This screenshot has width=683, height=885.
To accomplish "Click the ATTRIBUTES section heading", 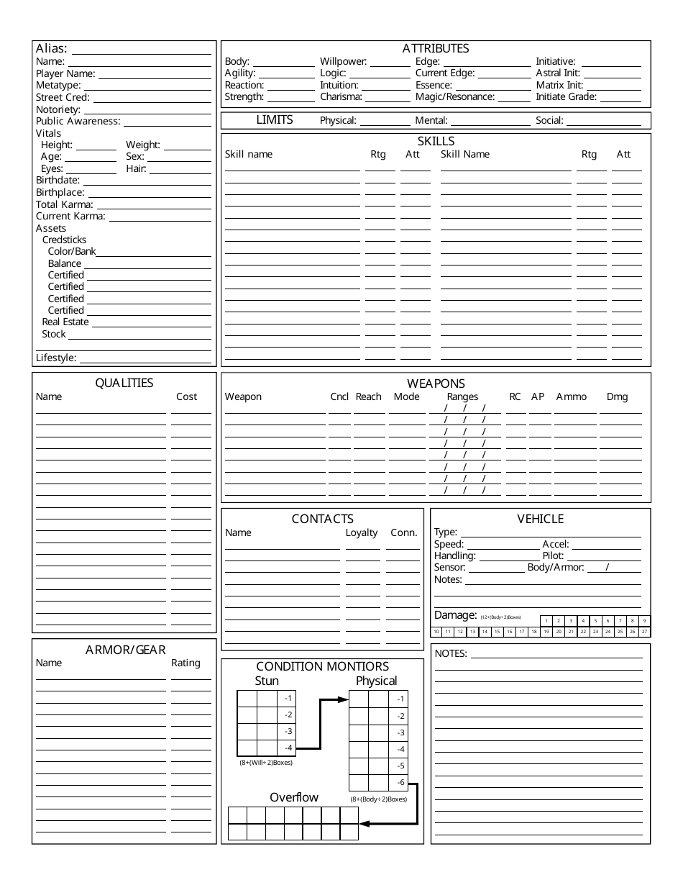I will (x=436, y=48).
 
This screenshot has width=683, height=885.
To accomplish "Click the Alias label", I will (x=51, y=48).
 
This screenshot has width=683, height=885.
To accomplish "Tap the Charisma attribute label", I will (x=341, y=96).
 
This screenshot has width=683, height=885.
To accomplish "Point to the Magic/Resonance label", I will (x=455, y=96).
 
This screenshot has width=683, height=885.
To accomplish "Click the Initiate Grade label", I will (x=566, y=96).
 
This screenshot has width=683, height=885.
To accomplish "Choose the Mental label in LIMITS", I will (x=431, y=121).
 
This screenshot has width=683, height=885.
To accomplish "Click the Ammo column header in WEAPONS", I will (x=571, y=396).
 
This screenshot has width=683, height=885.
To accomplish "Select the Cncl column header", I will (x=339, y=396).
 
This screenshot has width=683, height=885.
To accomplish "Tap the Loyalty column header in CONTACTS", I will (x=362, y=532).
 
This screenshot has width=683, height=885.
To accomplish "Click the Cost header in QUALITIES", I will (x=186, y=396).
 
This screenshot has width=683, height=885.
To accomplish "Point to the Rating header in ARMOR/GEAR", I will (x=185, y=663).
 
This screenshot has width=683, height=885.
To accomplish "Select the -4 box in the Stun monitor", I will (x=287, y=748).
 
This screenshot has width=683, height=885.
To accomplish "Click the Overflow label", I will (x=294, y=797).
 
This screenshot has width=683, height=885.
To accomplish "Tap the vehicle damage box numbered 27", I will (x=644, y=632).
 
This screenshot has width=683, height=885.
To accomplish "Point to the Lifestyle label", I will (x=56, y=358).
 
